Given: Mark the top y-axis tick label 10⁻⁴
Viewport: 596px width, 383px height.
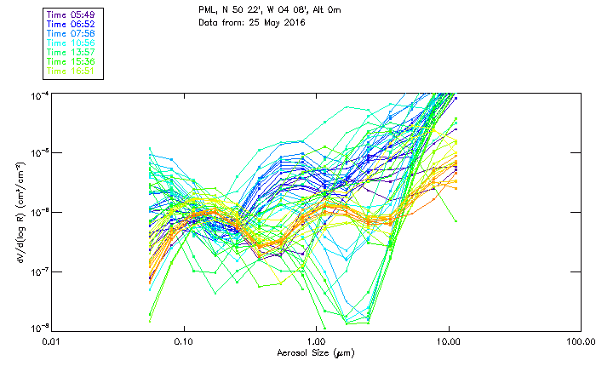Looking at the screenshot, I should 38,94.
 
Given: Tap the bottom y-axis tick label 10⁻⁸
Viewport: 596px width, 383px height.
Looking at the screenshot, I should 38,328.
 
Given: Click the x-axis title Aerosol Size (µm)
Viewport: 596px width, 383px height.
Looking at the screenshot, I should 315,352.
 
